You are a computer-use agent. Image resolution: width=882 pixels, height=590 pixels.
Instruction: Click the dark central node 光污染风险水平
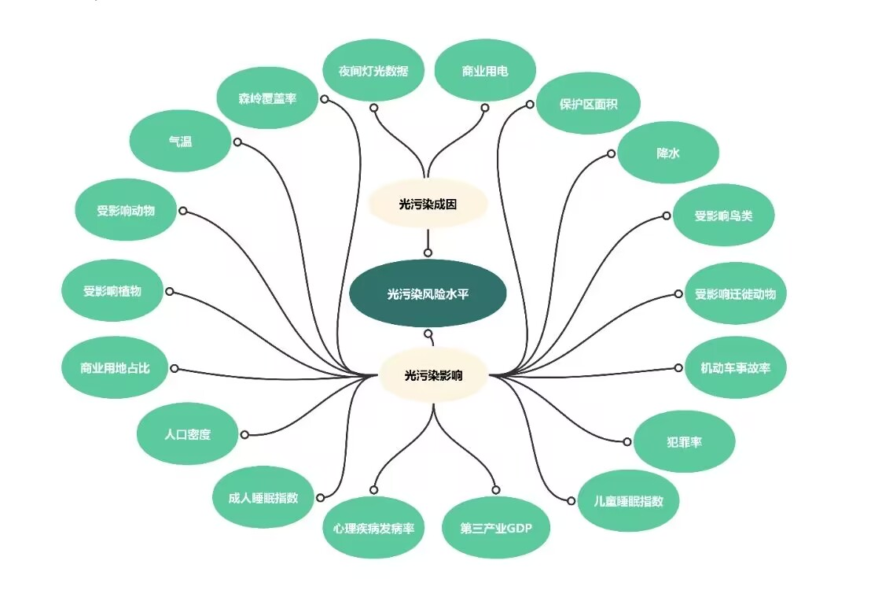click(428, 293)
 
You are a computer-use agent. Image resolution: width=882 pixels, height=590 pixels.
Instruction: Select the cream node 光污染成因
click(428, 204)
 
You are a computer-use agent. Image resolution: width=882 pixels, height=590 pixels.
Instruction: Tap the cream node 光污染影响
click(433, 375)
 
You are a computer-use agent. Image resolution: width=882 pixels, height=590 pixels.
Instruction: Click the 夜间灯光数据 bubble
click(373, 70)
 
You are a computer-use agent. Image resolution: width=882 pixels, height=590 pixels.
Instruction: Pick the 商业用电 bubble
click(485, 70)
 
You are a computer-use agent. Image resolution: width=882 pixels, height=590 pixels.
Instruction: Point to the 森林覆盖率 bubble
click(267, 98)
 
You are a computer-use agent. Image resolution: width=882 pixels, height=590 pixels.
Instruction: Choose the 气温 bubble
click(180, 141)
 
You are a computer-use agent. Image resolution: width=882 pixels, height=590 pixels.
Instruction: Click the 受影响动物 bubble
click(126, 210)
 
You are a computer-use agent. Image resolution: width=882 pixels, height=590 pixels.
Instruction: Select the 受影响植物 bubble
click(112, 290)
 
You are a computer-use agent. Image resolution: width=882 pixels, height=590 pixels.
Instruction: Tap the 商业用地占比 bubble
click(115, 367)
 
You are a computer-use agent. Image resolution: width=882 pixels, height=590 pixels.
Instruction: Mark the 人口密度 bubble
click(187, 433)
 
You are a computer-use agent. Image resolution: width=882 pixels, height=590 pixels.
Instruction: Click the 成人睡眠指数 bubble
click(263, 497)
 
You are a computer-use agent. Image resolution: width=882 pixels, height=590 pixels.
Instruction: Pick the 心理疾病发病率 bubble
click(373, 528)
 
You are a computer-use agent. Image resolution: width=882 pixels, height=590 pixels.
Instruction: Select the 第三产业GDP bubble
click(495, 528)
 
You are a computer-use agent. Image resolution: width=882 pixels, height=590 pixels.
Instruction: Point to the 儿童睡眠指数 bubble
click(628, 500)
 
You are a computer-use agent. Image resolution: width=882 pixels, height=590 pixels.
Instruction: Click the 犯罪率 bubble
click(684, 441)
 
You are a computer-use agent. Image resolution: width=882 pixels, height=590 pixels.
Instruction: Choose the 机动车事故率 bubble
click(735, 367)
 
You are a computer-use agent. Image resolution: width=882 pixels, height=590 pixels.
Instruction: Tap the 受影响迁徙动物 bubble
click(735, 293)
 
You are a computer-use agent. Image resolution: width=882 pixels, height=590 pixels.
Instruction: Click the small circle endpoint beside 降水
click(611, 153)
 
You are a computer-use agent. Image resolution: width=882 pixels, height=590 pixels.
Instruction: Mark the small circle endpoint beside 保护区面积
click(530, 104)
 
